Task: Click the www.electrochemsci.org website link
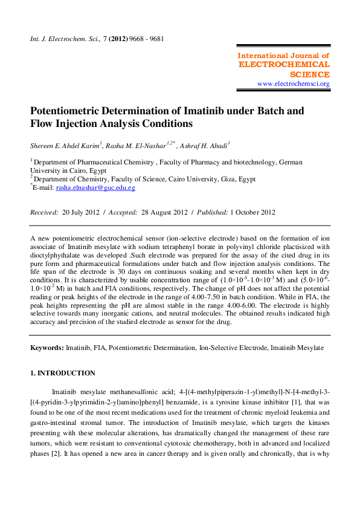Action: [293, 83]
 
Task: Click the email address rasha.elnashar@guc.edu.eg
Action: [95, 188]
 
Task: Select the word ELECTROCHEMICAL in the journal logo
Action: [284, 64]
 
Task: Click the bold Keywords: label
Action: [47, 348]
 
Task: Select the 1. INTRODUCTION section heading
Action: [63, 373]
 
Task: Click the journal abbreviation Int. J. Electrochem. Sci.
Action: [62, 39]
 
